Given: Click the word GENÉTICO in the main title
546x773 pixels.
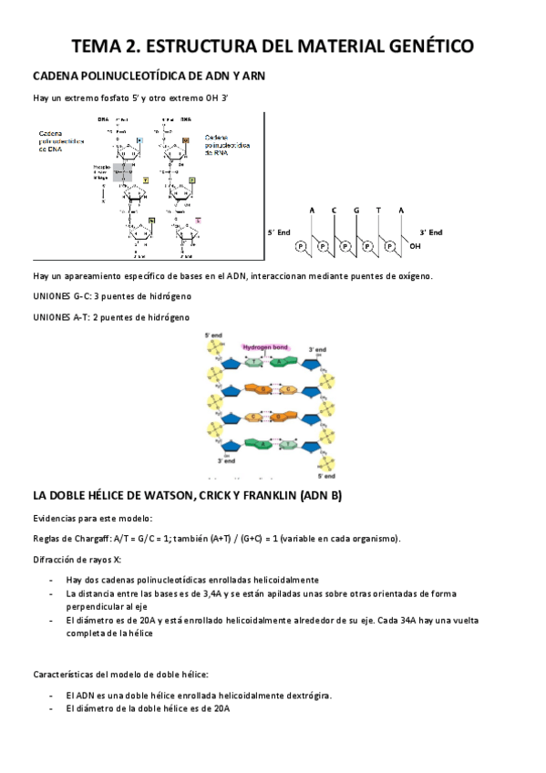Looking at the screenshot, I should click(x=419, y=46).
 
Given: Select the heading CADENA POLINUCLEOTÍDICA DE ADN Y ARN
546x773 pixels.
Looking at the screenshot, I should click(x=149, y=76).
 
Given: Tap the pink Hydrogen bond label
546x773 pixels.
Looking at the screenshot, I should click(x=265, y=347).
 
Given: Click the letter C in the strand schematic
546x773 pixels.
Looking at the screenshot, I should click(x=335, y=211).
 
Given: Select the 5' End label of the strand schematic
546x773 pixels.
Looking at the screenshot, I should click(x=278, y=232).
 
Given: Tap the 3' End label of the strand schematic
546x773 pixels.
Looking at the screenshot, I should click(x=430, y=232).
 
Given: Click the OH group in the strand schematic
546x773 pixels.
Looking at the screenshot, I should click(x=416, y=246).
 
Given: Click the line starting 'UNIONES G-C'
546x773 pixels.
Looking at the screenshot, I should click(x=112, y=296).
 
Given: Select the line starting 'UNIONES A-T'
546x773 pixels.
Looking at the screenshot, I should click(x=111, y=316).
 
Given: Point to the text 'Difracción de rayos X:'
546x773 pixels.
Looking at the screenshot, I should click(x=77, y=559).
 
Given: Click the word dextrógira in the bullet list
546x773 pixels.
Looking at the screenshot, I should click(x=308, y=696).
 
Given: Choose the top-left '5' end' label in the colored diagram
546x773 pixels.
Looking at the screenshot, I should click(x=213, y=335).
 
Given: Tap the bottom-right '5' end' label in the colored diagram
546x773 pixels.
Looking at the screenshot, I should click(x=325, y=475).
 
